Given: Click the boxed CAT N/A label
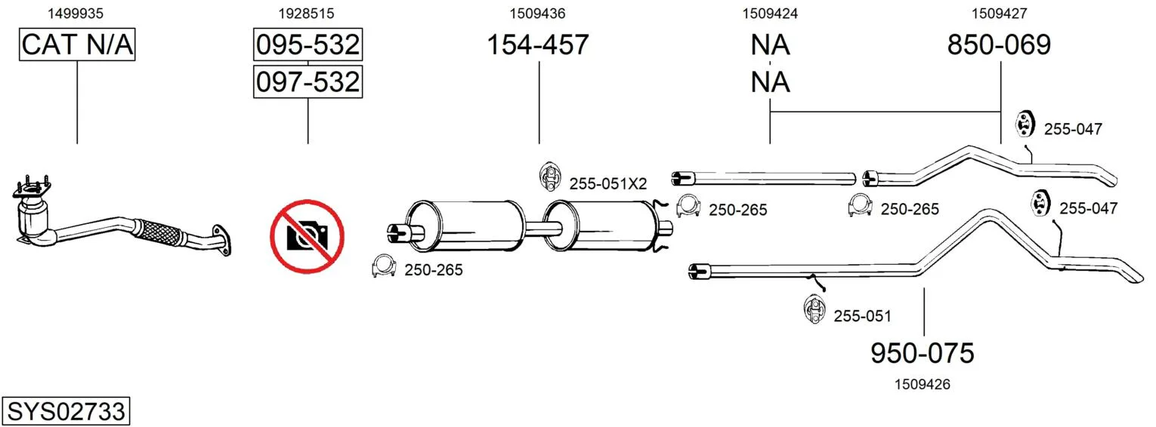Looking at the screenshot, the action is pos(77,45).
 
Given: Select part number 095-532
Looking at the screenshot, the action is pos(308,45).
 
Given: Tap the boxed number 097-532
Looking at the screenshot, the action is pos(308,81).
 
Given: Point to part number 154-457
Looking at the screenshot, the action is pos(538,45).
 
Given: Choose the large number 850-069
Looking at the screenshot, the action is pos(999,45).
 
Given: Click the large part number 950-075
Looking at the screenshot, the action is pos(923,353).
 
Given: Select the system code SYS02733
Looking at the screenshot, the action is pos(66,411).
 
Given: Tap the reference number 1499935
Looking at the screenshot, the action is pos(76,14).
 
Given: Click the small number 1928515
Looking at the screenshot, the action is pos(307,14).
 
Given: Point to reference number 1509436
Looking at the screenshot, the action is pos(538,14).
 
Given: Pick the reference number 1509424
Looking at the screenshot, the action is pos(770,14).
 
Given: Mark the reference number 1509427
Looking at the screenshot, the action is pos(1000,14).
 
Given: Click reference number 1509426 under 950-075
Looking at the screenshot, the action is pos(923,384).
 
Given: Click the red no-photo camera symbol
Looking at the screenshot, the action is pos(307,236).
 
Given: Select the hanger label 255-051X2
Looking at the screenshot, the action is pos(608,184).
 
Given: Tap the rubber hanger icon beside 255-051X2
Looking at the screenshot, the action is pos(550,177).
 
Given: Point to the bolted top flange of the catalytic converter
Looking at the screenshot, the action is pos(31,189).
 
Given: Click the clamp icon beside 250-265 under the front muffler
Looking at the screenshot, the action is pos(384,266).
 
